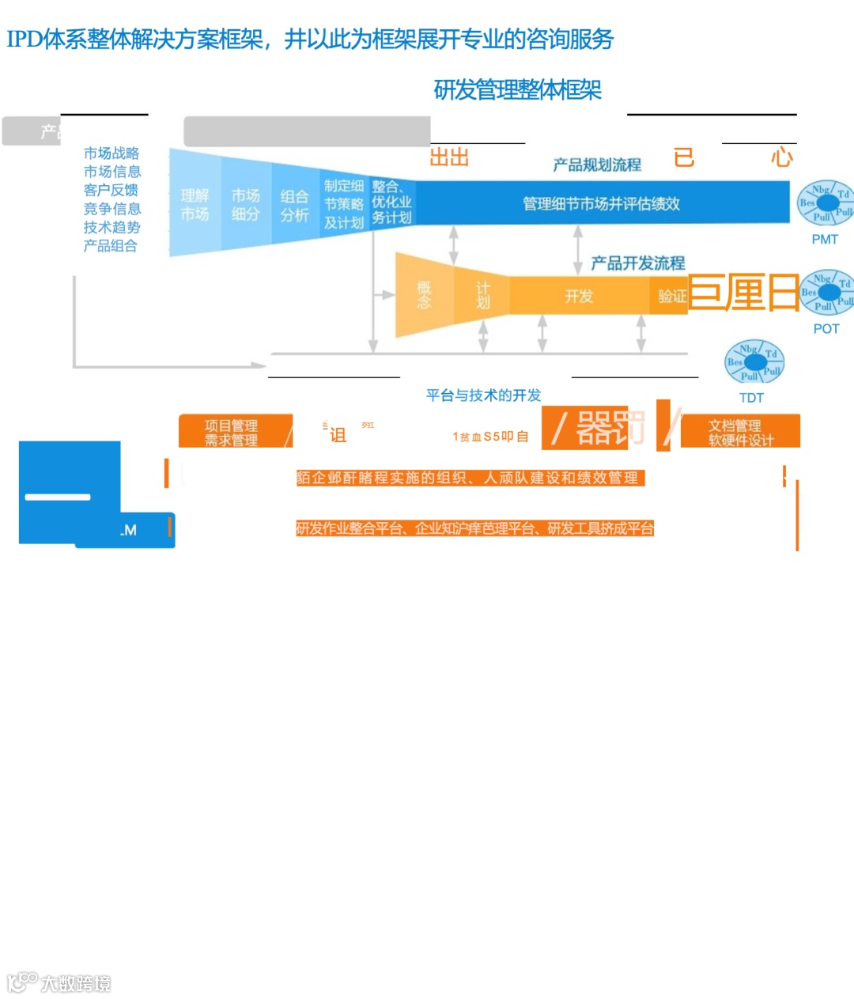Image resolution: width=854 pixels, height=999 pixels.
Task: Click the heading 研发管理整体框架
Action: click(517, 90)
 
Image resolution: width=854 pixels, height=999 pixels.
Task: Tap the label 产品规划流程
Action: click(596, 165)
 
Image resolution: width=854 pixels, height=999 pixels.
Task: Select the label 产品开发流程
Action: click(637, 263)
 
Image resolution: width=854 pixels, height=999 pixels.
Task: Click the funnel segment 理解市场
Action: click(195, 205)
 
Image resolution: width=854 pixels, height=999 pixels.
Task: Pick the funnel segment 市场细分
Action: click(245, 204)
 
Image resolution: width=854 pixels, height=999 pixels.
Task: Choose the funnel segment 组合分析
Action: click(294, 205)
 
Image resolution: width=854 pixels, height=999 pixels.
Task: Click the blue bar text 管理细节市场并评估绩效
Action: click(601, 203)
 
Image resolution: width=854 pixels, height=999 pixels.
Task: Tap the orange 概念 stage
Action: click(424, 295)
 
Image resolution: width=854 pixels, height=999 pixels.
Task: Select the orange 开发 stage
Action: click(578, 296)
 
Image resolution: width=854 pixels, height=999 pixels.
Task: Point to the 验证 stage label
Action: click(672, 296)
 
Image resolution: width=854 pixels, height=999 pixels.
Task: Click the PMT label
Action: click(824, 239)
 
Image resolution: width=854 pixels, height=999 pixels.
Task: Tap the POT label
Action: click(826, 328)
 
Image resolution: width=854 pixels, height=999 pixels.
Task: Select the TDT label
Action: click(751, 397)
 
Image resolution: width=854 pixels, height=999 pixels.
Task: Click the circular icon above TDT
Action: click(754, 362)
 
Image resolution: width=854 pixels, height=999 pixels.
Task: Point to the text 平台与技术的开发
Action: click(483, 395)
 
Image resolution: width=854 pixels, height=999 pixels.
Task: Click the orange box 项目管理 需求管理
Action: click(231, 433)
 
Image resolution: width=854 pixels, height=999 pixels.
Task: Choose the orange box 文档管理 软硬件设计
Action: click(740, 433)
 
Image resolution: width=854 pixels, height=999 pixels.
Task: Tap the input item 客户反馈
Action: click(111, 190)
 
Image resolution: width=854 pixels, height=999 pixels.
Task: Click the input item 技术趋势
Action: click(111, 227)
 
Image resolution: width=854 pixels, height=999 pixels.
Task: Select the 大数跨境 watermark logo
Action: click(59, 982)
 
